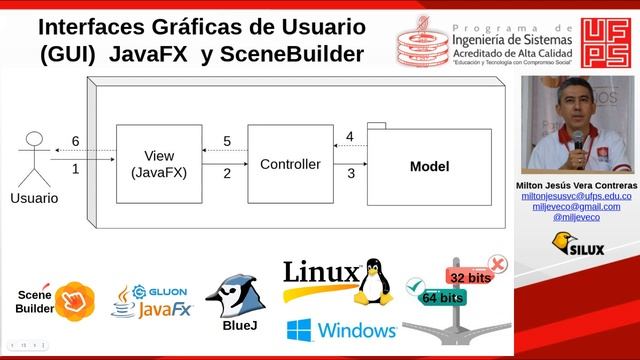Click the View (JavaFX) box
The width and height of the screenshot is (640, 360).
pos(158,164)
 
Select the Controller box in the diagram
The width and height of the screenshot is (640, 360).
pos(290,164)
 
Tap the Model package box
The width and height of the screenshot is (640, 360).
pos(429,166)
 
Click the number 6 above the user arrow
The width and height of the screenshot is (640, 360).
pos(75,141)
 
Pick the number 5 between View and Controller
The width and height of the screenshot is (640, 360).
pos(227,141)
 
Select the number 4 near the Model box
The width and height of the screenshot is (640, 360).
pos(349,136)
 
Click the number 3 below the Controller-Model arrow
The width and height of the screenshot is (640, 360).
pos(350,174)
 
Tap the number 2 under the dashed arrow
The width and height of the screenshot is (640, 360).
pos(227,174)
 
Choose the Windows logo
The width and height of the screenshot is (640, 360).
pos(341,330)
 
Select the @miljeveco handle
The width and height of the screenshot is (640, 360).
pos(576,217)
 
